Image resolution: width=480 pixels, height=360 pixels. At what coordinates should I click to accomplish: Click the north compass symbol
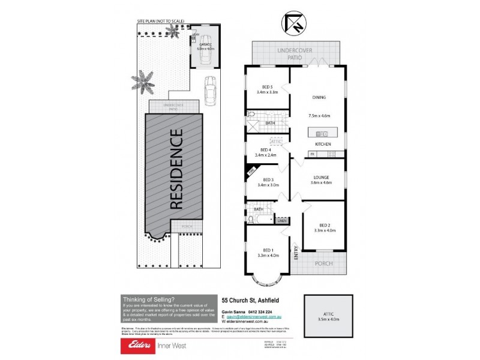coord(292,23)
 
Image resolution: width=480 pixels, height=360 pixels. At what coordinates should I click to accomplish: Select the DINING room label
coord(319,97)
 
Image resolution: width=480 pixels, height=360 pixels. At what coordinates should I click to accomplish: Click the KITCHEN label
coord(324,145)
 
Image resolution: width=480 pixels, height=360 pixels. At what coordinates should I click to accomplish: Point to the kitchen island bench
coord(323,132)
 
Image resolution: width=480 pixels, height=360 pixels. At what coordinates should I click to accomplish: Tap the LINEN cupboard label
coord(283,221)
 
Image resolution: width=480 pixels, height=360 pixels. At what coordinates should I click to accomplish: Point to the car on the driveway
coord(211,91)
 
